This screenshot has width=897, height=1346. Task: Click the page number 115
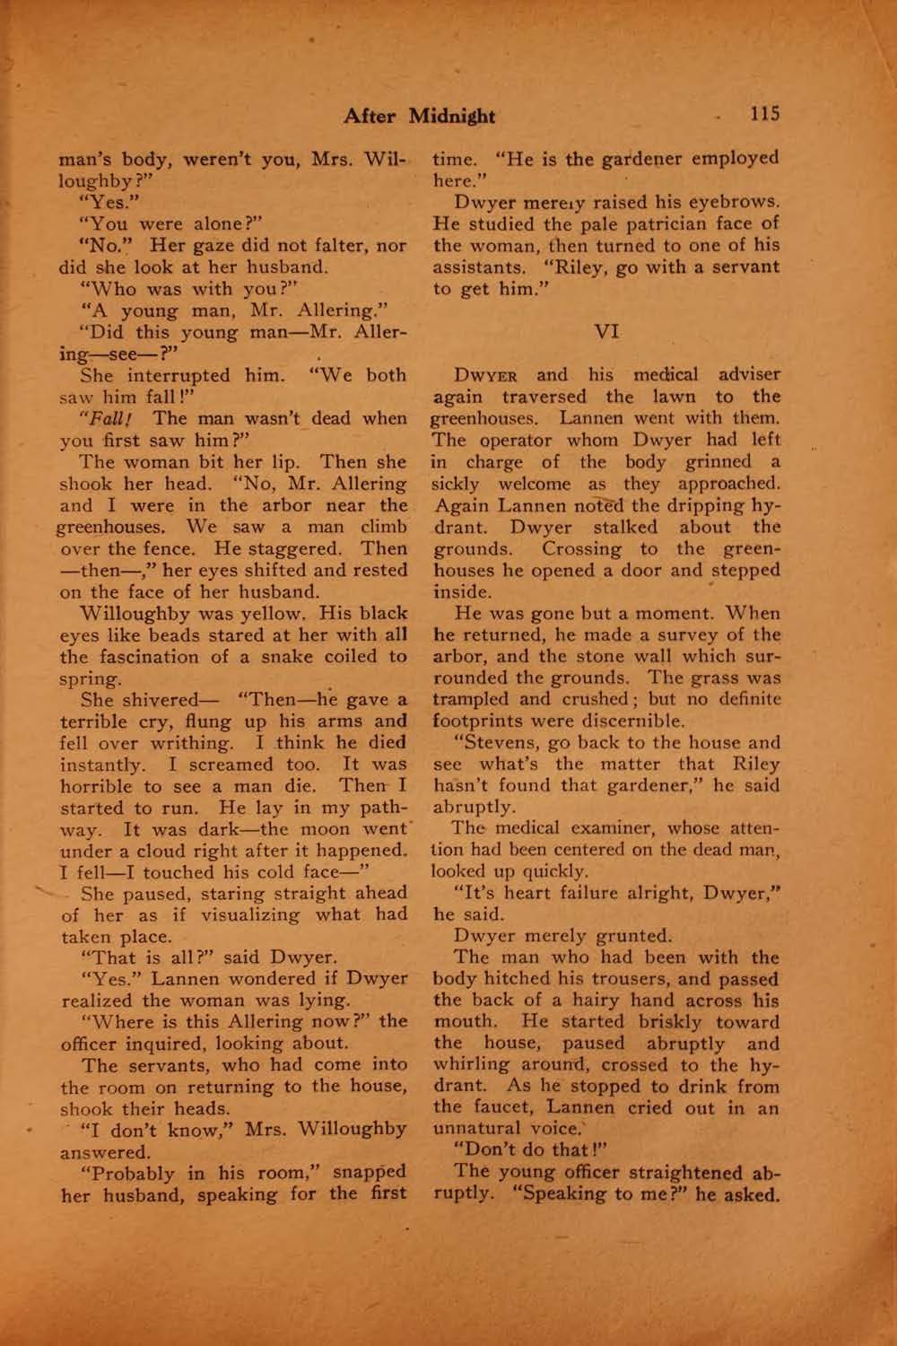click(x=765, y=114)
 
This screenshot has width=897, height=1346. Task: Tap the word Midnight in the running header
click(x=453, y=116)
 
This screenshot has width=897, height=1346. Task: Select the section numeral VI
click(x=605, y=331)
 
